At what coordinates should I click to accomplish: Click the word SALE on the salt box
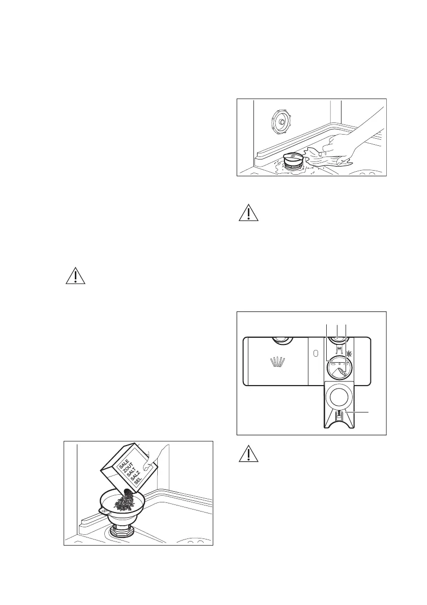tap(124, 464)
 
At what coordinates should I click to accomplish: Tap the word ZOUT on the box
tap(127, 470)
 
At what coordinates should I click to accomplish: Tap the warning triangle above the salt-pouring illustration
tap(75, 276)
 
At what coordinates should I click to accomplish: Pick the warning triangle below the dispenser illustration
tap(248, 454)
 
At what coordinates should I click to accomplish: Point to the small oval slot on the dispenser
tap(316, 353)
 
